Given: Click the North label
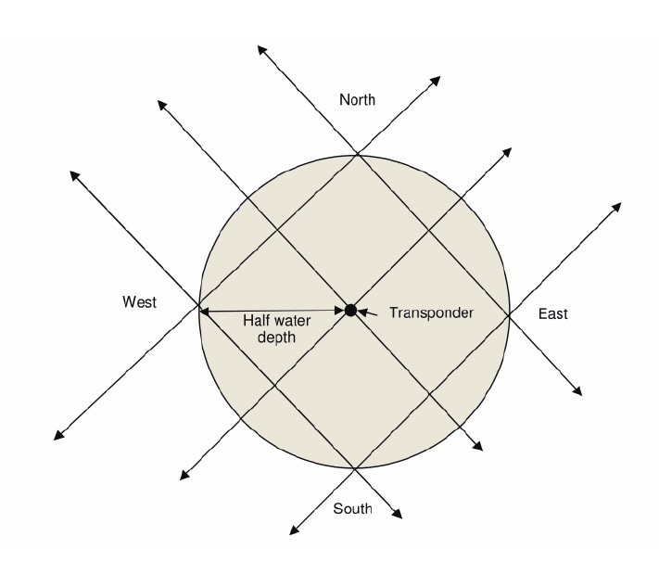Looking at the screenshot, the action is (357, 100).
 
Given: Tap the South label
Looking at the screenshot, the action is (351, 508).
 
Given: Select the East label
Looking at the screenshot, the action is (552, 314).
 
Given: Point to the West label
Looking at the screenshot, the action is (139, 302).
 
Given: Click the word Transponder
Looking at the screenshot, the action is (431, 313).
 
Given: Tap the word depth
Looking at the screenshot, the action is (278, 338).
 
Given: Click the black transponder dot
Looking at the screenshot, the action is (350, 310).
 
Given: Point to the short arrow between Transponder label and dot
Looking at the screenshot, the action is (368, 313).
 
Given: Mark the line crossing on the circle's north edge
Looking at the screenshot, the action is (358, 154).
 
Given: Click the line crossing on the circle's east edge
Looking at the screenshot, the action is (509, 313).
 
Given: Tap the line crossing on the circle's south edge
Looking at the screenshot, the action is (354, 467).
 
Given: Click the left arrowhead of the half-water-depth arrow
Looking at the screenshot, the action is (205, 312).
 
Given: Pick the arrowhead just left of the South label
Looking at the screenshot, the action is (295, 531).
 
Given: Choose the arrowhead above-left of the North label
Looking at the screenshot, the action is (262, 47).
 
